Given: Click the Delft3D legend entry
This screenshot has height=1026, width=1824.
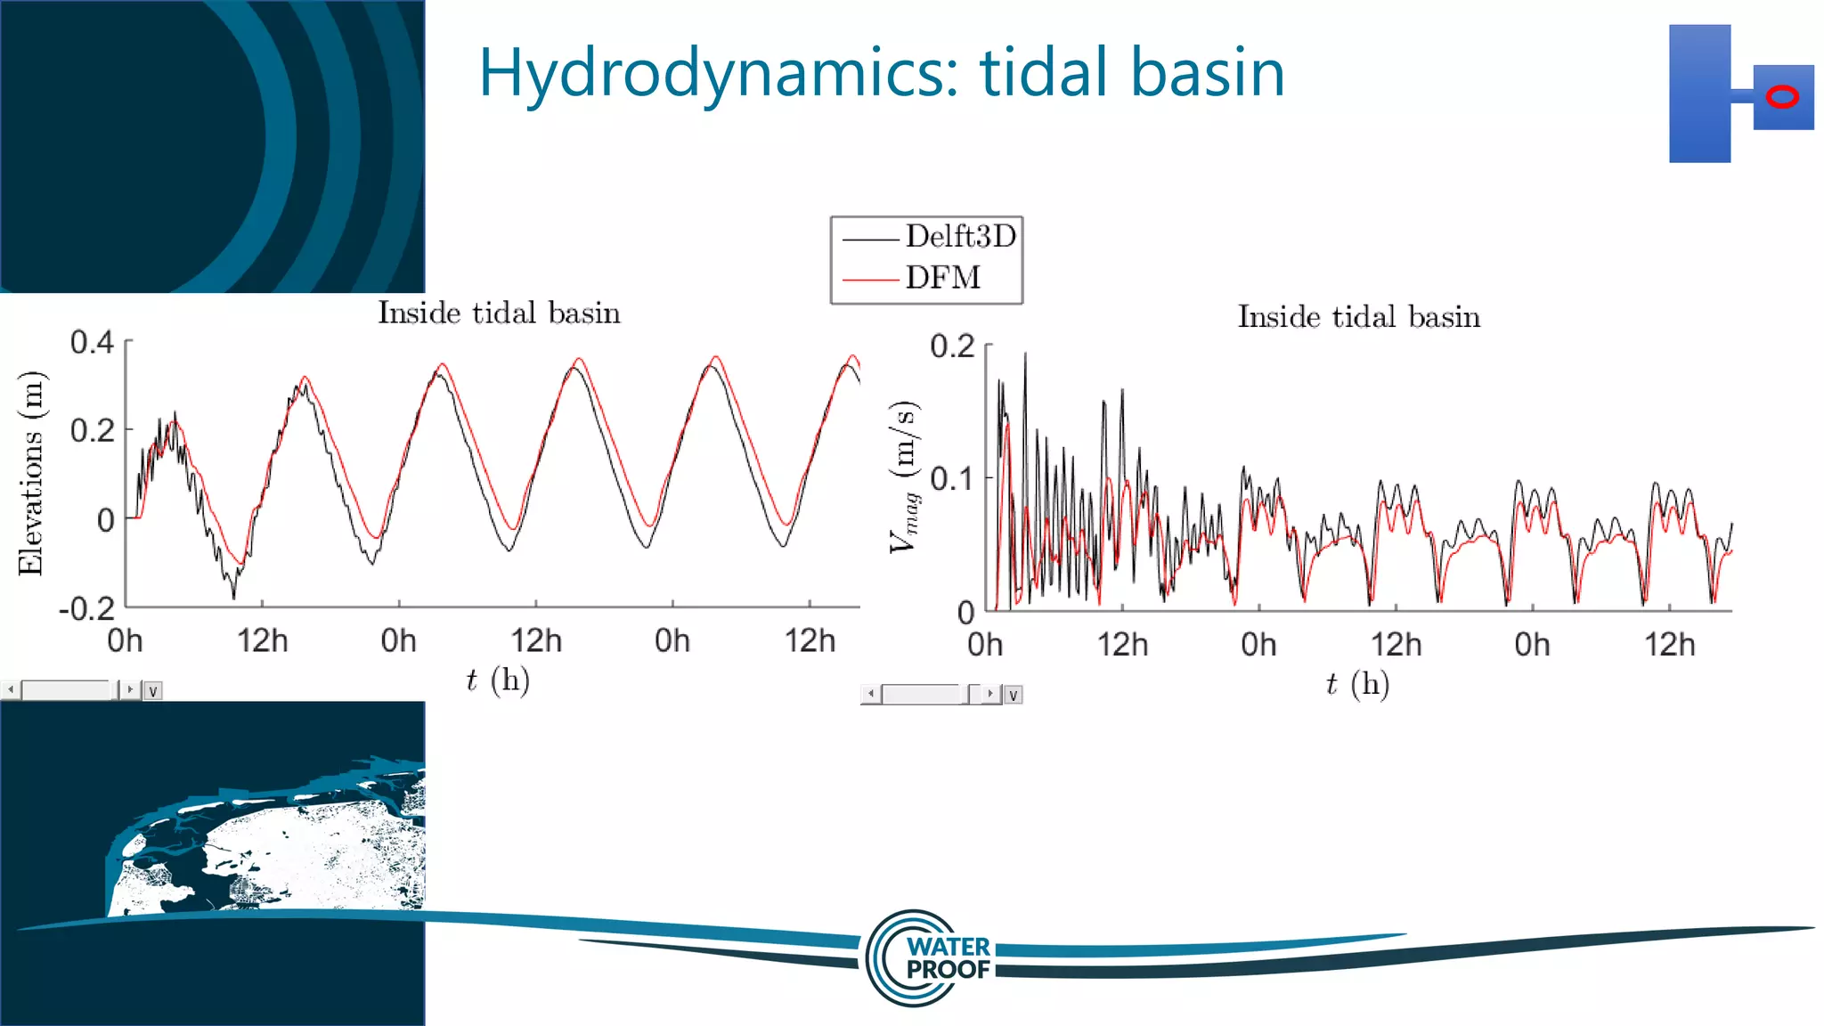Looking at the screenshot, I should (x=959, y=237).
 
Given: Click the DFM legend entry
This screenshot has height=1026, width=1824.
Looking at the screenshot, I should (x=942, y=278).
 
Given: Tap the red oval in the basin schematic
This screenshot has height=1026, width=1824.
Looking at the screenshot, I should (x=1782, y=97).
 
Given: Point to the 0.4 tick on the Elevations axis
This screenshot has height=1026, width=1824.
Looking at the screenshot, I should (x=93, y=342).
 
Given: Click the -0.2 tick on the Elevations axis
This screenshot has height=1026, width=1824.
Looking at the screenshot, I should (x=87, y=609).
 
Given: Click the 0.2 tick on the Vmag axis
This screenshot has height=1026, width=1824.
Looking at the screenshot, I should (x=952, y=346).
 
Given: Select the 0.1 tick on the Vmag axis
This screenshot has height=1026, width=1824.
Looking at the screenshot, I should (x=952, y=479).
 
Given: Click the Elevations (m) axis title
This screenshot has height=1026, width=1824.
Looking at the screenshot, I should (x=31, y=473).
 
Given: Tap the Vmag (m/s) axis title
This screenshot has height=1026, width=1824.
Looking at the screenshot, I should (x=904, y=477).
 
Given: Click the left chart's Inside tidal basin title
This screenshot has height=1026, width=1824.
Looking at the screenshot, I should (x=499, y=313).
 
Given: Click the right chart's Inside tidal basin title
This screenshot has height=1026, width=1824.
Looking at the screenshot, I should (x=1358, y=317).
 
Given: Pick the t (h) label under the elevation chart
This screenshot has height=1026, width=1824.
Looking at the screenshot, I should (x=498, y=680).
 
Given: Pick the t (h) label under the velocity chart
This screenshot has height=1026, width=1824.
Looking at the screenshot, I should (x=1357, y=684).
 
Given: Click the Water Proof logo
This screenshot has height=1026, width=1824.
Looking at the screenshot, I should (x=931, y=958).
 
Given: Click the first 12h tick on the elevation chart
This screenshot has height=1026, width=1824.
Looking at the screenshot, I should (x=262, y=640).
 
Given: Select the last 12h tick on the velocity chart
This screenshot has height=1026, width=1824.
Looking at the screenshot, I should (x=1669, y=644).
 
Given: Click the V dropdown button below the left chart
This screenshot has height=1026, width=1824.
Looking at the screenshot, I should (x=153, y=691).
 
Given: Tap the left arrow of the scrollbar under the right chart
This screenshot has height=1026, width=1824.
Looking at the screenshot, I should (x=871, y=694).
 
